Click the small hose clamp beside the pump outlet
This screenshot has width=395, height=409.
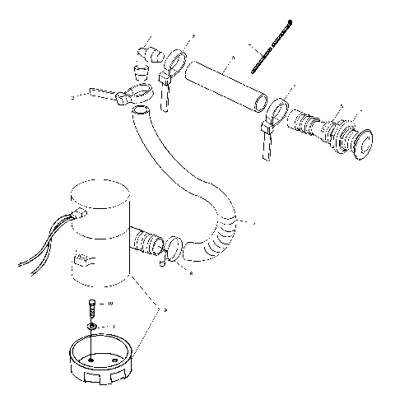tap(174, 247)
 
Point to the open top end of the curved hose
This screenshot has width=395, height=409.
tap(142, 110)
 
